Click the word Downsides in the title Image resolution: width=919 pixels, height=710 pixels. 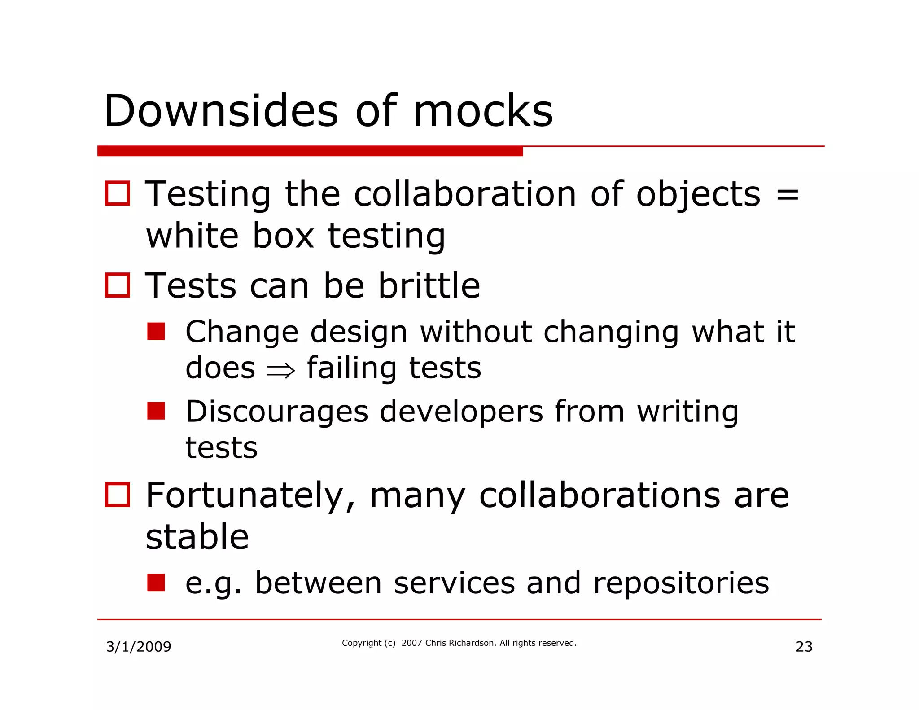[221, 111]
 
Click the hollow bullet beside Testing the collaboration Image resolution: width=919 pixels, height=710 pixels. [118, 193]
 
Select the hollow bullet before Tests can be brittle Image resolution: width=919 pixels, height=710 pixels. [118, 285]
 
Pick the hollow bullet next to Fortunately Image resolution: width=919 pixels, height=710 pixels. [118, 495]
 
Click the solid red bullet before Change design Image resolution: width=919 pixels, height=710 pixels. [156, 332]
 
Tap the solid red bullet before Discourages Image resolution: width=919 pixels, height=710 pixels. [156, 411]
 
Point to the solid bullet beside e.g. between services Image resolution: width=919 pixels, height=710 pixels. [156, 582]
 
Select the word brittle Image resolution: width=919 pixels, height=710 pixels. [429, 285]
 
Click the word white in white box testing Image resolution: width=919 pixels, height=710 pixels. [192, 236]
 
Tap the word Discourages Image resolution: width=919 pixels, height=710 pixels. [276, 412]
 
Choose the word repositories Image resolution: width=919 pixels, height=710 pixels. [681, 583]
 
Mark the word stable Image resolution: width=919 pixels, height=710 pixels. [197, 537]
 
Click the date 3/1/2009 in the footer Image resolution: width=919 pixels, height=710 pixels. [139, 647]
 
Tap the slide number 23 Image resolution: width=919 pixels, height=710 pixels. [804, 647]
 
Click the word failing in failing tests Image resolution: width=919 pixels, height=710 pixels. [352, 368]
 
